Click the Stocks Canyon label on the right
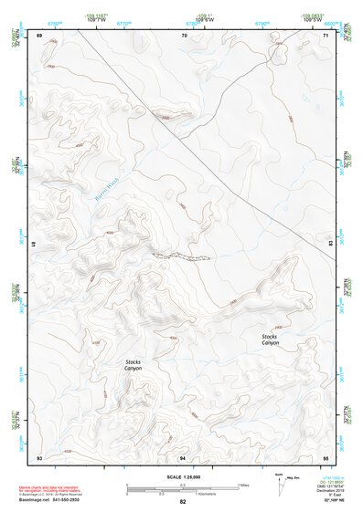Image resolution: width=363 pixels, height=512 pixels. (270, 339)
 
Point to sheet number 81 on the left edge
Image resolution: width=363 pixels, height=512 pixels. (35, 245)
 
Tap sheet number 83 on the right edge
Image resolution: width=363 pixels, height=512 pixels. (330, 245)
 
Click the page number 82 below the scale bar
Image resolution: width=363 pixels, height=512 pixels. (183, 502)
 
